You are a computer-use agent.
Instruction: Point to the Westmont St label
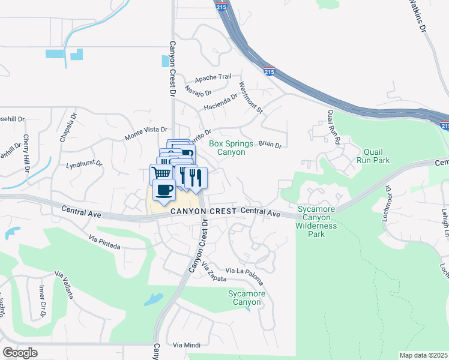(252, 97)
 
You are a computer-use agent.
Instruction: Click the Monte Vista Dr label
(145, 134)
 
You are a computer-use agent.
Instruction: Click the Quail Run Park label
(372, 156)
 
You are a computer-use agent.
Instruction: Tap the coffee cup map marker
(164, 191)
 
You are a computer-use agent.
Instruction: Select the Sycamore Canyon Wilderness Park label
(316, 221)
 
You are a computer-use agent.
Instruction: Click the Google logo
(20, 352)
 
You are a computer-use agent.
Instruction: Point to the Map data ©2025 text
(423, 355)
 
